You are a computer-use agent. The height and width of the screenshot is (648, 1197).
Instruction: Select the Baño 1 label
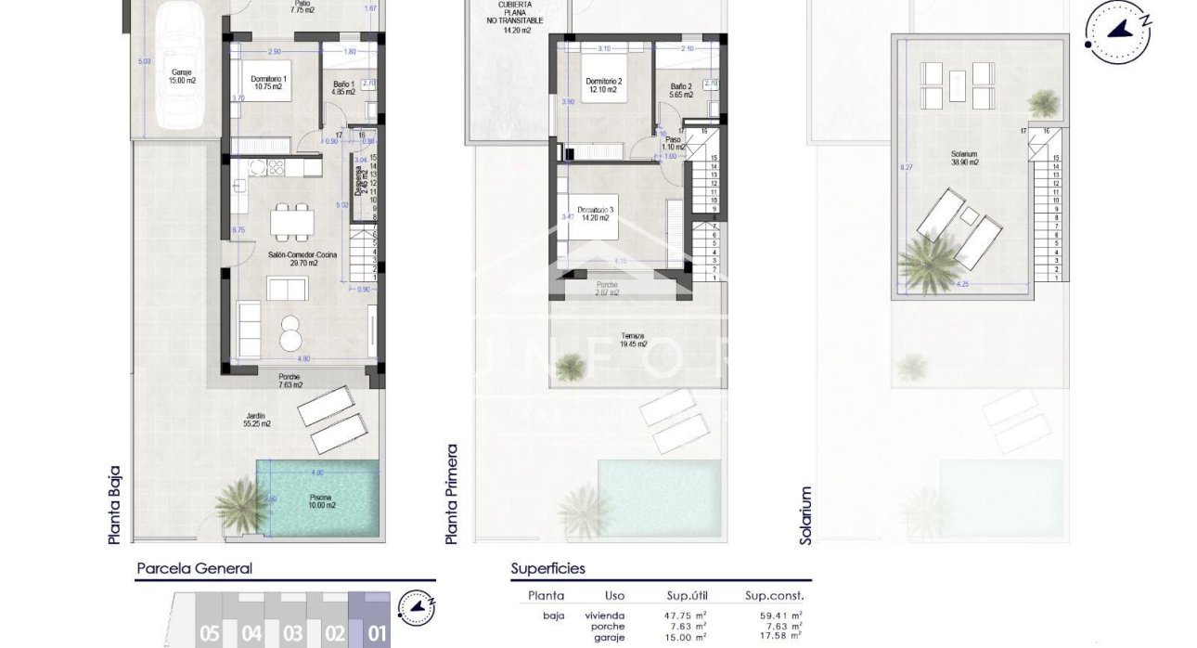(x=341, y=88)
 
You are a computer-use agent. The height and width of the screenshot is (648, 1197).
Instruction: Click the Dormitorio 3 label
(x=594, y=214)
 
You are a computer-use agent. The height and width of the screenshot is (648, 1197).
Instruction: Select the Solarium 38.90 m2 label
(x=964, y=157)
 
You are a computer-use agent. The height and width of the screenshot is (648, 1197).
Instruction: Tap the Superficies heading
(x=547, y=568)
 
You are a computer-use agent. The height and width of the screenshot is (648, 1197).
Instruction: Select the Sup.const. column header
(x=774, y=596)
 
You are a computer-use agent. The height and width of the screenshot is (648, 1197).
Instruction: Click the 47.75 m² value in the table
(x=688, y=615)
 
